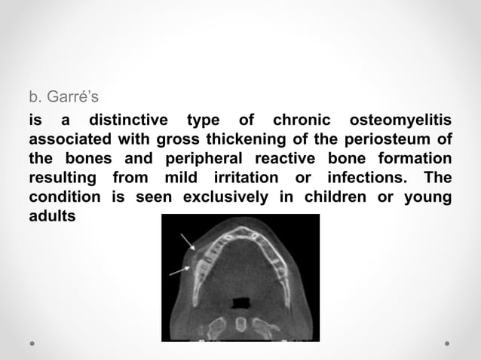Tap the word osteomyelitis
click(408, 121)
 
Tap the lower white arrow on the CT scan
click(179, 270)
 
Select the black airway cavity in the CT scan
click(240, 303)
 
